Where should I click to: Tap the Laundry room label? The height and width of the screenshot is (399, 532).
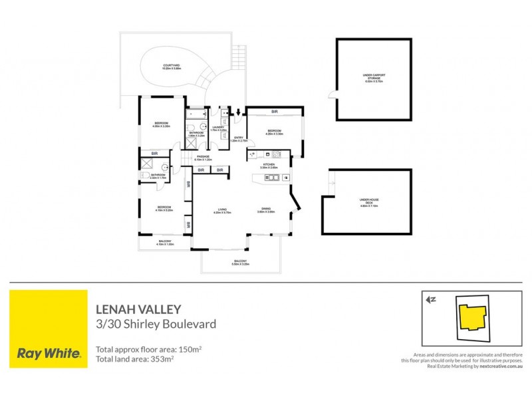coord(217,128)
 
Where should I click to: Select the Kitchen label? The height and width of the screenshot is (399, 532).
coord(269,165)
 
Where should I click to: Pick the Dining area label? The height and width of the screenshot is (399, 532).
coord(267,211)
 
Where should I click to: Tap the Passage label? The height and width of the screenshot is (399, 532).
coord(203,158)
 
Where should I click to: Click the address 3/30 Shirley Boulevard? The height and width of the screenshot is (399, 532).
coord(156,325)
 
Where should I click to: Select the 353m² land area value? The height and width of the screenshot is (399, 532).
coord(162,359)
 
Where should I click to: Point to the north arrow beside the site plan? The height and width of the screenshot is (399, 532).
coord(431,299)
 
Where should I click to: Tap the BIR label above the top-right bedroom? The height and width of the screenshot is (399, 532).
coord(273,111)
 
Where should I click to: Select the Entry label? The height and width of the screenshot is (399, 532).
coord(238,138)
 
